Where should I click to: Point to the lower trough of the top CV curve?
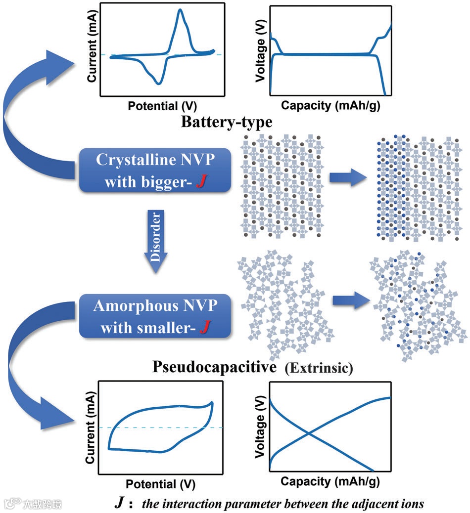coord(158,83)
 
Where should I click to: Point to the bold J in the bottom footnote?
coord(120,503)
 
